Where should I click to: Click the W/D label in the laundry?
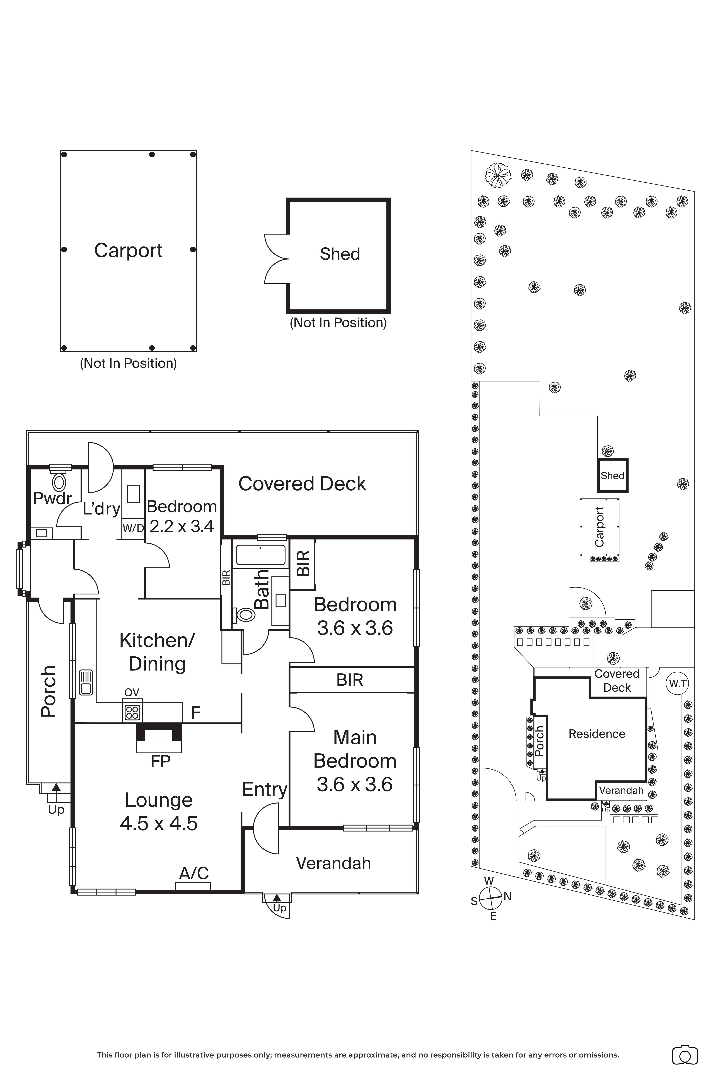click(x=133, y=528)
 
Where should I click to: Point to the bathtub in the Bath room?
click(x=260, y=555)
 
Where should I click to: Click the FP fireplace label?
click(x=160, y=761)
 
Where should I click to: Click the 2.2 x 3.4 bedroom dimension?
click(x=182, y=526)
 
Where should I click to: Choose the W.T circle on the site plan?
click(x=678, y=684)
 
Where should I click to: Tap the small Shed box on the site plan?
click(x=613, y=475)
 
